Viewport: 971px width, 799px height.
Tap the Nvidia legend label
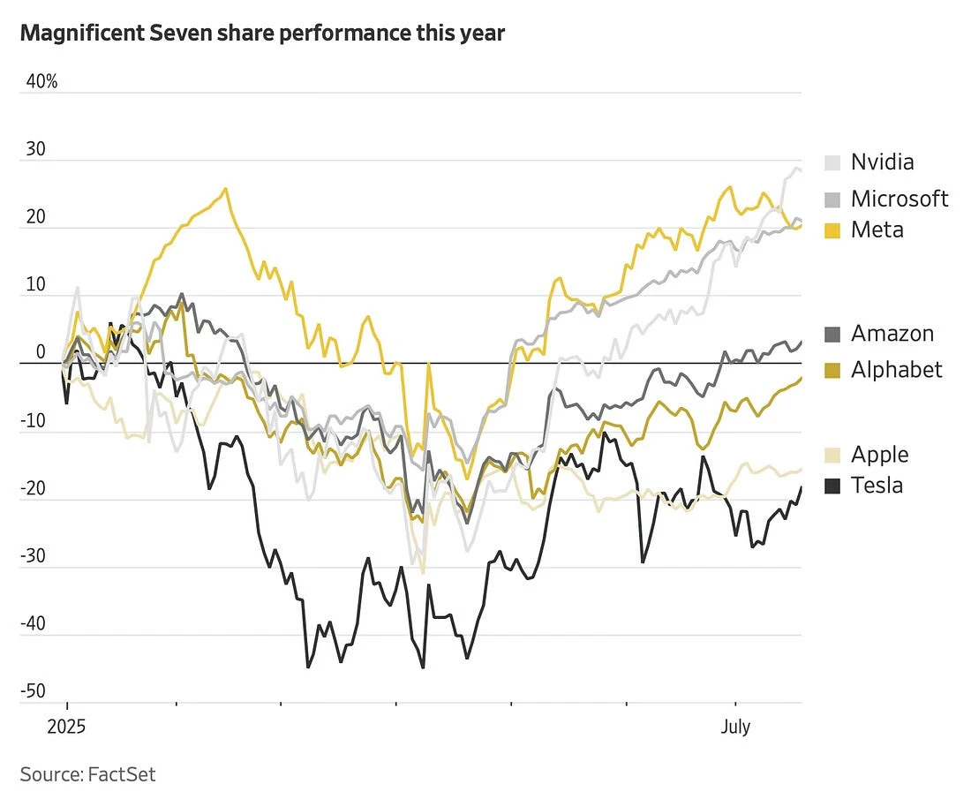point(882,162)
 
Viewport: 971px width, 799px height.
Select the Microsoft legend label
point(899,199)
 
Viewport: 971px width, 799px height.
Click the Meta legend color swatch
point(832,230)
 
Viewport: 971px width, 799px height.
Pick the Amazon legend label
point(892,334)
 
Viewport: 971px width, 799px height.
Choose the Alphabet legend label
point(896,369)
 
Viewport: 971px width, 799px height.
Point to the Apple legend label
point(879,455)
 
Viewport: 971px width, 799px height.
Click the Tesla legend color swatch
point(832,486)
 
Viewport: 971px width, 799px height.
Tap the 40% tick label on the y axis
point(41,82)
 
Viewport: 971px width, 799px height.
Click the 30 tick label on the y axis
point(35,150)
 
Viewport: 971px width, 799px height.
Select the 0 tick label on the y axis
point(40,352)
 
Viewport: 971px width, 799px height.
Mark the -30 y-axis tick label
point(33,556)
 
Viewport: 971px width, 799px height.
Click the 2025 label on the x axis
point(66,727)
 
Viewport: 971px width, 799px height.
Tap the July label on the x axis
point(735,727)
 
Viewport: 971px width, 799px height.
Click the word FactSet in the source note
point(122,774)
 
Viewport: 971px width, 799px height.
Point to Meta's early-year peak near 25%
point(226,188)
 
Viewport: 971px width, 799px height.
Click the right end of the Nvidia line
point(801,170)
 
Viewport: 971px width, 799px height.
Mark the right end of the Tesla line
point(802,486)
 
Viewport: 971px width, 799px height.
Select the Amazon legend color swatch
point(832,335)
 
